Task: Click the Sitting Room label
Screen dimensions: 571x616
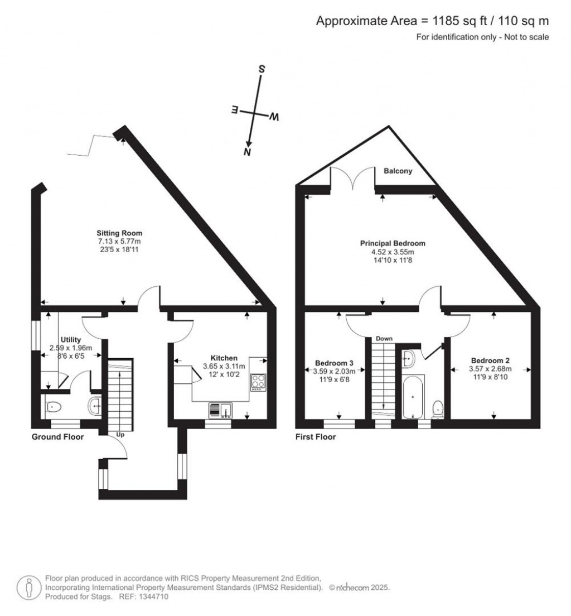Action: [119, 233]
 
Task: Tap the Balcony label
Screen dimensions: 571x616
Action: [398, 171]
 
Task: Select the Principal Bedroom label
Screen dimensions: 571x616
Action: [393, 243]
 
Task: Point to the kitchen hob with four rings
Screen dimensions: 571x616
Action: [258, 382]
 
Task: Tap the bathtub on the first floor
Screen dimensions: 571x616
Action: [412, 396]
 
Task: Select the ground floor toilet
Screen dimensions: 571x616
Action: [53, 407]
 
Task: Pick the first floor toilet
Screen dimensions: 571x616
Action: [438, 409]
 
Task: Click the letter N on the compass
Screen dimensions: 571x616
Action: [247, 152]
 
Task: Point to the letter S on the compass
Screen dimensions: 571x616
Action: [261, 69]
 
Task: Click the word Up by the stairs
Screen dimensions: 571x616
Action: [120, 435]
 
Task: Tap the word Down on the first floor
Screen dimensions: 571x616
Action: [384, 338]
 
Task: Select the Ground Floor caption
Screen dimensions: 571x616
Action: [58, 436]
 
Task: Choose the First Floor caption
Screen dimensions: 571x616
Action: [316, 436]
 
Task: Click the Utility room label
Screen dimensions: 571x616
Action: [71, 339]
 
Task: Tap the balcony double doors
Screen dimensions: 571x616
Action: [353, 177]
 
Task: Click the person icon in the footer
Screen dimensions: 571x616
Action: [29, 588]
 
